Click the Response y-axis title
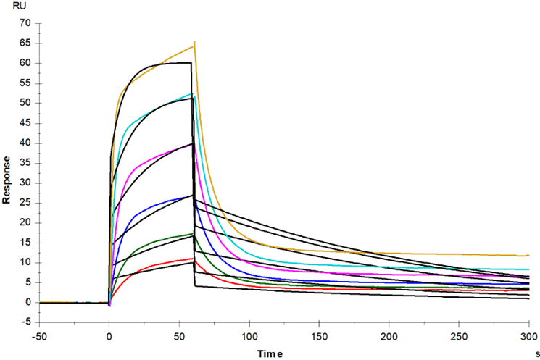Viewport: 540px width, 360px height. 7,179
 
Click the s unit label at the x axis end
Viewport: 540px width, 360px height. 536,351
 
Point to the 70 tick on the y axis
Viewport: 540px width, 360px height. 25,23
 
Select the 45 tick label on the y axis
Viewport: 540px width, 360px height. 25,123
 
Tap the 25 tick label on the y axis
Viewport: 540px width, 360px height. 25,203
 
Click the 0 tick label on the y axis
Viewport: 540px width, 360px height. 28,303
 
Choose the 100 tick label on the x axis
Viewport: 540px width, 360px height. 250,336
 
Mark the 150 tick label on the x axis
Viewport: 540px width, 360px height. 320,336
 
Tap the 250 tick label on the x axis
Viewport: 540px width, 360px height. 461,336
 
